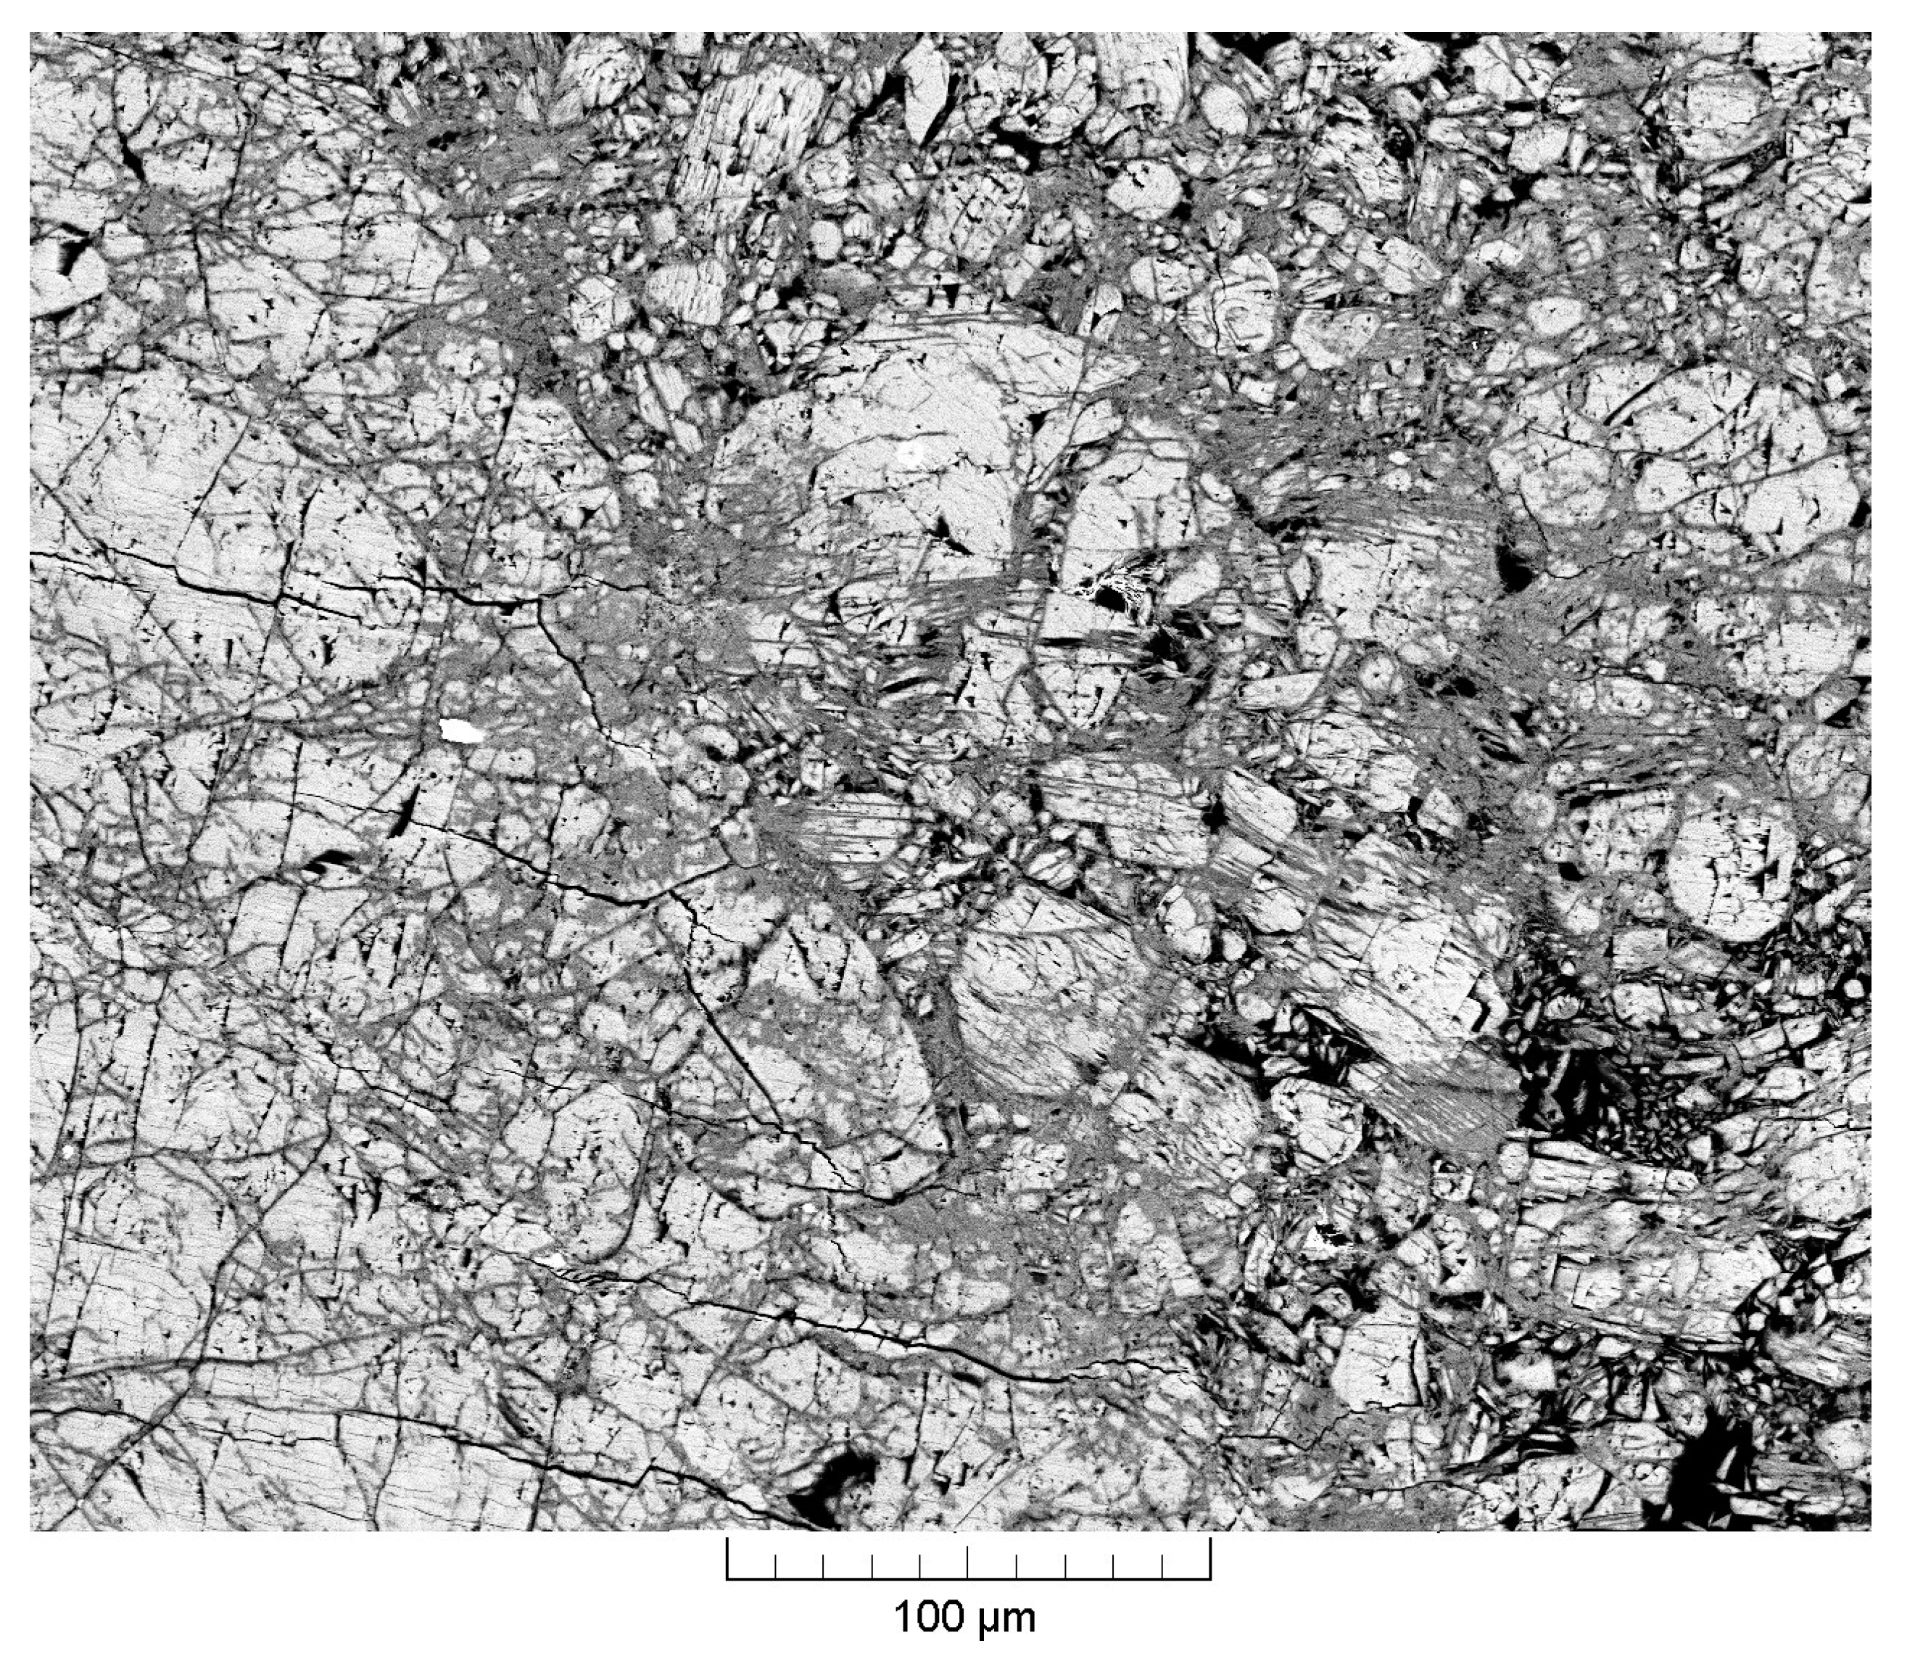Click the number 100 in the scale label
click(930, 1618)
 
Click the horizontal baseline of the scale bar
click(968, 1578)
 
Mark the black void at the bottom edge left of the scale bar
click(837, 1498)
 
